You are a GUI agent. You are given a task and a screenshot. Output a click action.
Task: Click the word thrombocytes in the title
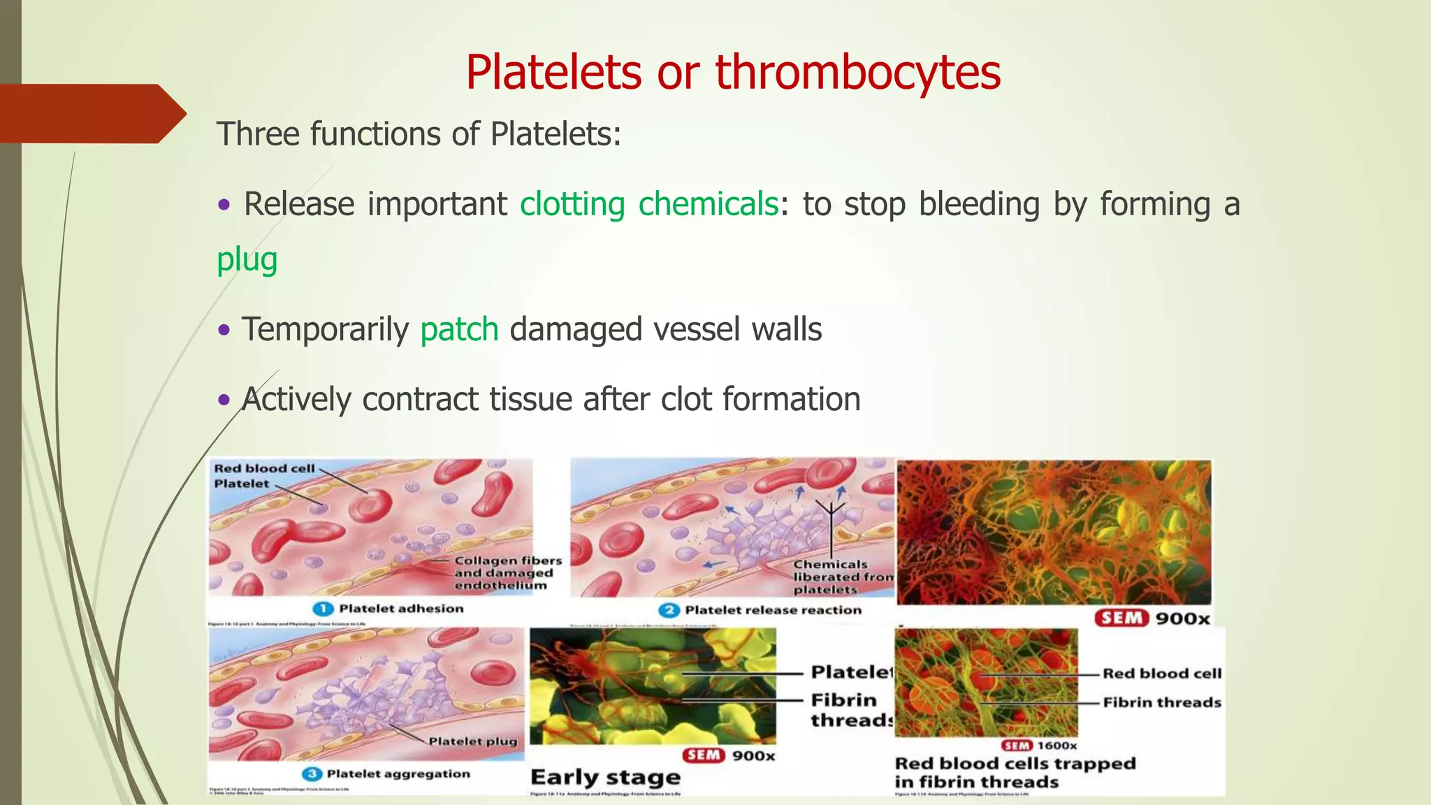[x=857, y=72]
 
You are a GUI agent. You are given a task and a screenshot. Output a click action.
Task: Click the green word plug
[x=247, y=259]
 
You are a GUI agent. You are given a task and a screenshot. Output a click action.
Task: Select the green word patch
[x=459, y=329]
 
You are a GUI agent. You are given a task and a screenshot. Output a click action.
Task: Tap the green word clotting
[x=572, y=204]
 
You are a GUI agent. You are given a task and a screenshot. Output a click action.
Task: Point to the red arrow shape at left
[x=91, y=113]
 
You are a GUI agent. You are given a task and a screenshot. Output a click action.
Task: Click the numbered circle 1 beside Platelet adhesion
[x=322, y=609]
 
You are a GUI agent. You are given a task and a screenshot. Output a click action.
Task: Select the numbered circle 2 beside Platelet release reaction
[x=669, y=610]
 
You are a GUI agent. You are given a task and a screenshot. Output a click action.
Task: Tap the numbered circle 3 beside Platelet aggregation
[x=311, y=774]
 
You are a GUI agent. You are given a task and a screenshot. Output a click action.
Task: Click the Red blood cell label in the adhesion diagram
[x=264, y=468]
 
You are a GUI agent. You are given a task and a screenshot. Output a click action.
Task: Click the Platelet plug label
[x=472, y=741]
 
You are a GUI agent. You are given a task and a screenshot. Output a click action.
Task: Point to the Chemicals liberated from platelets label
[x=842, y=576]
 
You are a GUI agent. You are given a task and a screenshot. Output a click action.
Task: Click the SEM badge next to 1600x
[x=1017, y=746]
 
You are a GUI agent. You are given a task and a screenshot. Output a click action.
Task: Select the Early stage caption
[x=605, y=777]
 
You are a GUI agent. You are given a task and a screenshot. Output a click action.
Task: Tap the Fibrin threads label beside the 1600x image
[x=1161, y=702]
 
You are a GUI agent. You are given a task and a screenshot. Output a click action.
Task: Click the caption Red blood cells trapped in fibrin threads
[x=1014, y=772]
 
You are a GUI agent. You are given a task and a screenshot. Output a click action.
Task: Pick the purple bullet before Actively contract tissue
[x=224, y=400]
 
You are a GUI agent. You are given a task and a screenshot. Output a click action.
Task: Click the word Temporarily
[x=325, y=329]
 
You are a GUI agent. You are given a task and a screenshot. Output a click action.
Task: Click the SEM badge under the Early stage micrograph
[x=702, y=755]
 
